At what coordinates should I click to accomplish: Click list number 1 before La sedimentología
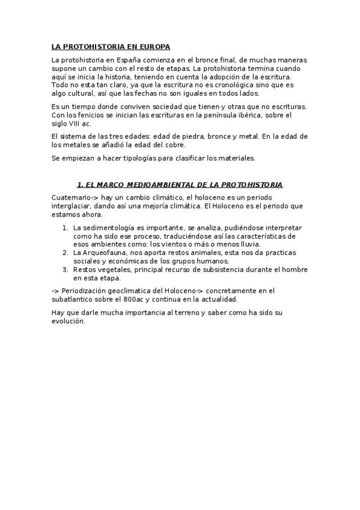tap(66, 229)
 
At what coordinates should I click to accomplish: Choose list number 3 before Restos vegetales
tap(66, 270)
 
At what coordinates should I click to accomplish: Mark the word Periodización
tap(88, 291)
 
